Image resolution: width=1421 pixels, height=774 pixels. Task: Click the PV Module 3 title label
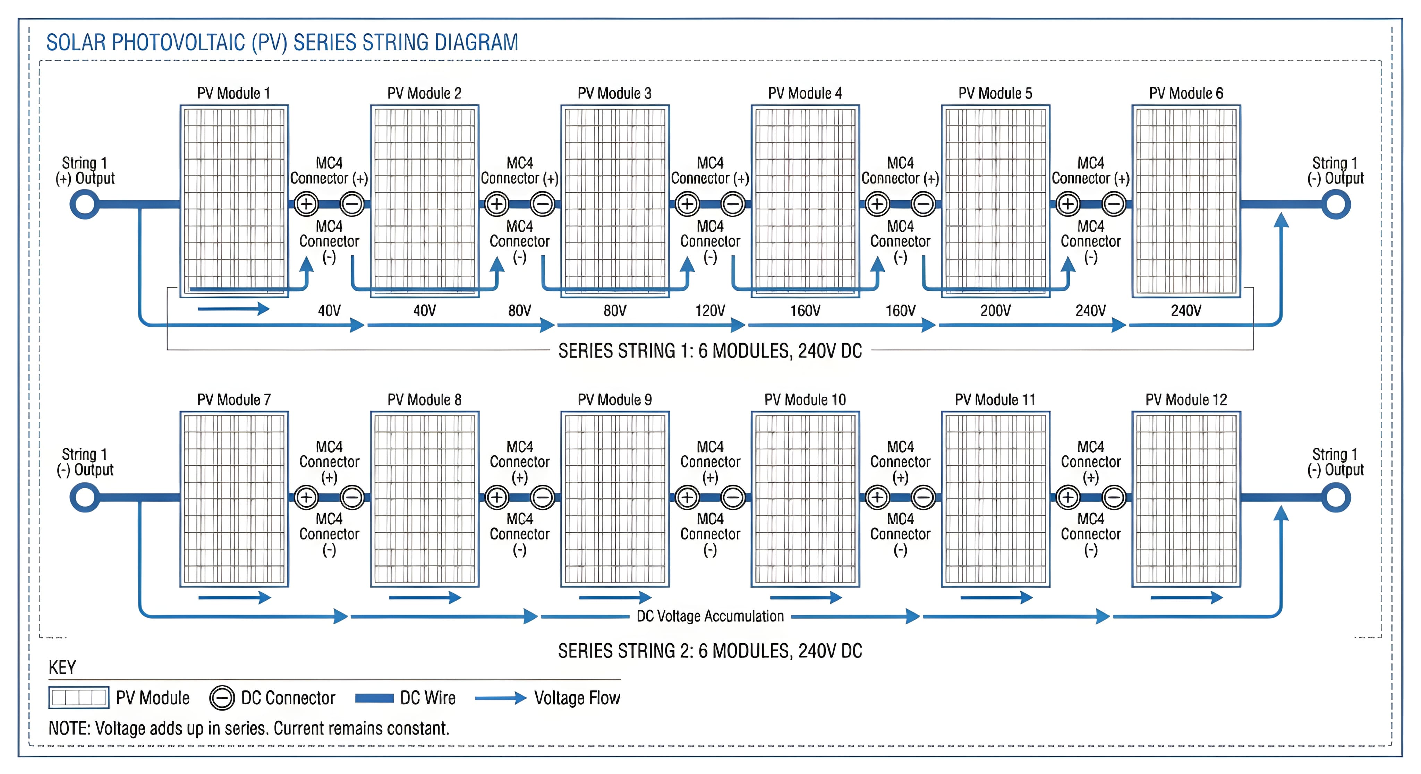click(x=614, y=93)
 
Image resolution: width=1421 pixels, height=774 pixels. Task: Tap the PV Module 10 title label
click(x=805, y=400)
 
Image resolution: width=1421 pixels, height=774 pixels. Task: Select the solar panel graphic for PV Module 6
click(x=1186, y=201)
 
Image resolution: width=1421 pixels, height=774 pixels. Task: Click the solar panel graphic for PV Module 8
click(x=424, y=499)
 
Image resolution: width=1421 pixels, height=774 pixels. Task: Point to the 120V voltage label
click(x=710, y=311)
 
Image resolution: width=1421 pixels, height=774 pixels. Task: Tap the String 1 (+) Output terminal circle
click(x=84, y=205)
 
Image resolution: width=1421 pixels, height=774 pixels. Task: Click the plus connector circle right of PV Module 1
click(x=306, y=205)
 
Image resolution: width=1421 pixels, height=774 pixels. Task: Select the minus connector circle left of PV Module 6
click(x=1114, y=205)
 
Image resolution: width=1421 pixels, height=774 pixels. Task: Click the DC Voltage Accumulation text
click(x=710, y=616)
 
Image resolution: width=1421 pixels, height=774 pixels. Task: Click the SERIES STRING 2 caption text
click(x=710, y=651)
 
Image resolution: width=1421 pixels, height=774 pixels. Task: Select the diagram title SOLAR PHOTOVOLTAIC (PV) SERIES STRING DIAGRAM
click(x=282, y=42)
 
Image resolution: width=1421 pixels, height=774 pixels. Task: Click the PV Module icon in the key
click(x=78, y=698)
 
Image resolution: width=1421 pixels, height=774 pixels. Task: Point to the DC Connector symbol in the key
click(x=222, y=698)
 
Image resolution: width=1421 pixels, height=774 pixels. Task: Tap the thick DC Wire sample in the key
click(x=374, y=698)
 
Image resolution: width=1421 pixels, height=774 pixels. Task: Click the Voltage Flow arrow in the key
click(x=500, y=698)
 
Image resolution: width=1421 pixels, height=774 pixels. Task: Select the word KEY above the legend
click(x=62, y=668)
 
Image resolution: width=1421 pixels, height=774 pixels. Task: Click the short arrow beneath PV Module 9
click(x=614, y=597)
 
